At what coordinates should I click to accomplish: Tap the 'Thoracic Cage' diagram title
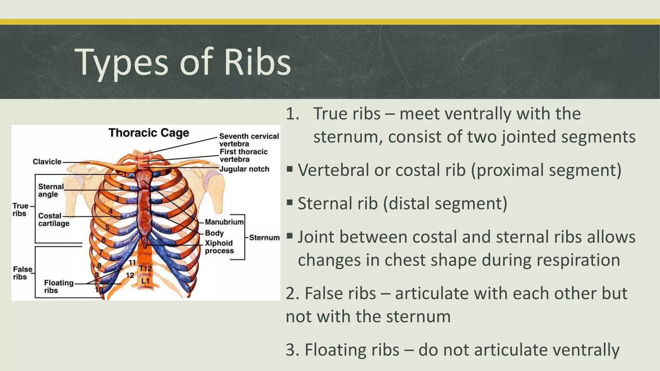149,133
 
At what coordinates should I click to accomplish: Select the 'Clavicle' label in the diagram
47,162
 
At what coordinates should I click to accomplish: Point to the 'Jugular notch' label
244,169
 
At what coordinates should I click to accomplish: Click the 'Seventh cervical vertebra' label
249,140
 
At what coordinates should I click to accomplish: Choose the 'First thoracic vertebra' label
243,155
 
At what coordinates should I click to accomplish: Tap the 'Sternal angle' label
51,190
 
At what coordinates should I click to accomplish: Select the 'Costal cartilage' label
53,220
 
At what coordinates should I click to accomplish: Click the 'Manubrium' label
224,222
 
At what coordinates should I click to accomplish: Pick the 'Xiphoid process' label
219,247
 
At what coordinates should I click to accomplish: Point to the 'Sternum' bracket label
264,238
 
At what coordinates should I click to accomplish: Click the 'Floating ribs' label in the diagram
59,286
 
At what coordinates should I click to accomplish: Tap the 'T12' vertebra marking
145,269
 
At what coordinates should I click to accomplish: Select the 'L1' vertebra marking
145,281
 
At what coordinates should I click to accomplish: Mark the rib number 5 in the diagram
107,228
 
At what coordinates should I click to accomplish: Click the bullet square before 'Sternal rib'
289,203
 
